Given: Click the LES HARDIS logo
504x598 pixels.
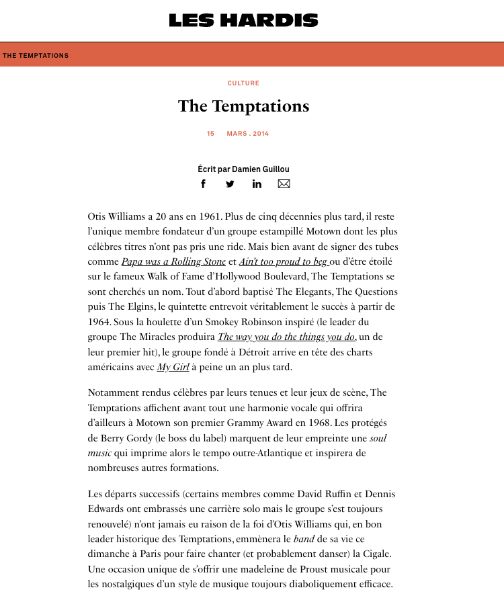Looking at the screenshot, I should pyautogui.click(x=243, y=21).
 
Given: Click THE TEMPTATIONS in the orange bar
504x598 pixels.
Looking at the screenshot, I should pyautogui.click(x=36, y=56).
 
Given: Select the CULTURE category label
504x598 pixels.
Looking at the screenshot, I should pyautogui.click(x=243, y=83).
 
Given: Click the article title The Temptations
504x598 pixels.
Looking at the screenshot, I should pyautogui.click(x=243, y=106).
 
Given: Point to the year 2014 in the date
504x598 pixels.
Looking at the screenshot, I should pyautogui.click(x=261, y=134).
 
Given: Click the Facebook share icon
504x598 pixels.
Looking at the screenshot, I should pyautogui.click(x=204, y=184).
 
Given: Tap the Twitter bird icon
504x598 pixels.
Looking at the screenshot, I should pyautogui.click(x=230, y=184).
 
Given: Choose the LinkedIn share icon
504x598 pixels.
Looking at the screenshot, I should pyautogui.click(x=257, y=184).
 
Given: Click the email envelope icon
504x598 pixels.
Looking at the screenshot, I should pyautogui.click(x=284, y=184).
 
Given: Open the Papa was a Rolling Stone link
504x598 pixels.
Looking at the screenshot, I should pyautogui.click(x=173, y=261).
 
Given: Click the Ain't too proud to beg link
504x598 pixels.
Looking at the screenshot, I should pyautogui.click(x=284, y=261).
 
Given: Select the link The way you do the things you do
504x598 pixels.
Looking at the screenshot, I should pyautogui.click(x=286, y=337).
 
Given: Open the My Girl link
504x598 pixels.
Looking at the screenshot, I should pyautogui.click(x=173, y=367).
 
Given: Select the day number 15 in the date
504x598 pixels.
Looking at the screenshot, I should pyautogui.click(x=210, y=134).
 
